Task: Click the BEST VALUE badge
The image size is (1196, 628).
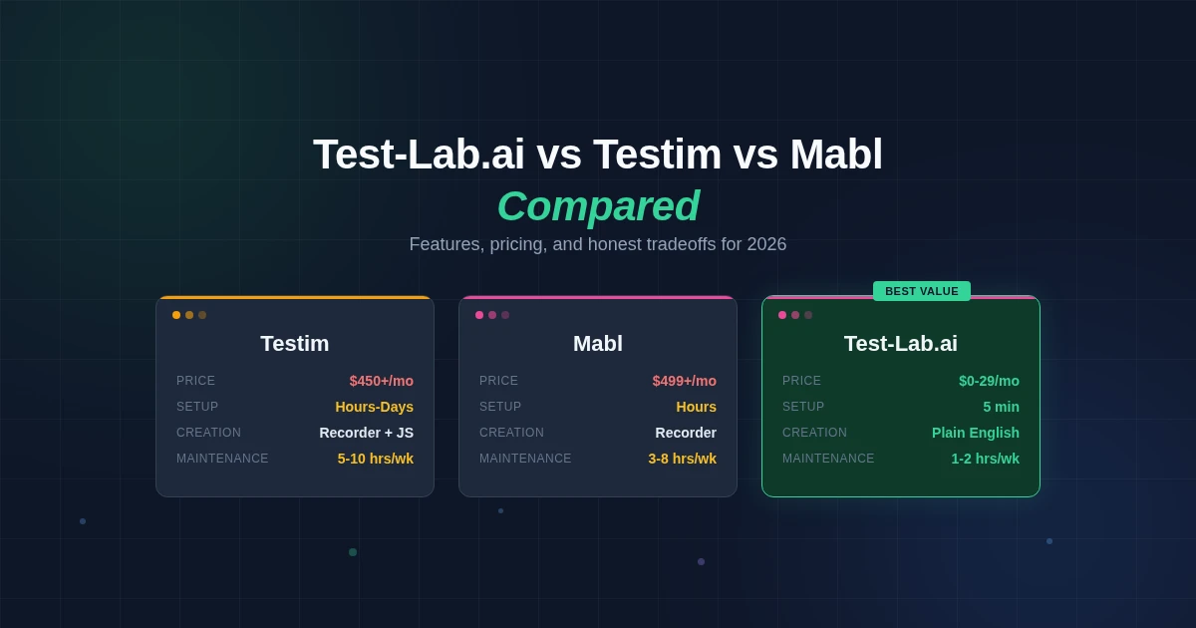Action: click(922, 291)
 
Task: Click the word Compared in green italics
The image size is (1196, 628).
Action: click(598, 206)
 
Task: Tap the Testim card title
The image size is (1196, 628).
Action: click(295, 344)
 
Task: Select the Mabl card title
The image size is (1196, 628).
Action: click(598, 344)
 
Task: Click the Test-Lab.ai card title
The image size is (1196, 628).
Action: click(901, 344)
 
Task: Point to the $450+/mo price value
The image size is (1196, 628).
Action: click(381, 381)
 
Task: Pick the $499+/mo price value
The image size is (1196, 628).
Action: click(684, 381)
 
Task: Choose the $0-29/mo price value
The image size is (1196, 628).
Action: click(989, 381)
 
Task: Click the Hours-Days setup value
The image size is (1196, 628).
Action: click(374, 407)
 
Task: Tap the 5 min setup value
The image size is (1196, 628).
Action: click(1001, 407)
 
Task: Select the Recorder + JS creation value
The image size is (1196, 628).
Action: click(366, 433)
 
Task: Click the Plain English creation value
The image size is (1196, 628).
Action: click(975, 433)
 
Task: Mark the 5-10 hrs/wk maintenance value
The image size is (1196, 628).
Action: click(375, 459)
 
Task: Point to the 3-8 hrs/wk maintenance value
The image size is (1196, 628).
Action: click(682, 459)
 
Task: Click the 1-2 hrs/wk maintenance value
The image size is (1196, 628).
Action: click(985, 459)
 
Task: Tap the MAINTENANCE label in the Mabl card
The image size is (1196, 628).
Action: click(525, 459)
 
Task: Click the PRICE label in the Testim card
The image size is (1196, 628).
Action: click(195, 381)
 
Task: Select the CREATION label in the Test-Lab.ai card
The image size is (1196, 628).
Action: click(814, 433)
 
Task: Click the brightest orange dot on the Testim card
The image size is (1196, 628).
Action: click(176, 315)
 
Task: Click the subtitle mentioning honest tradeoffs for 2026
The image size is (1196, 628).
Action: click(598, 244)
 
